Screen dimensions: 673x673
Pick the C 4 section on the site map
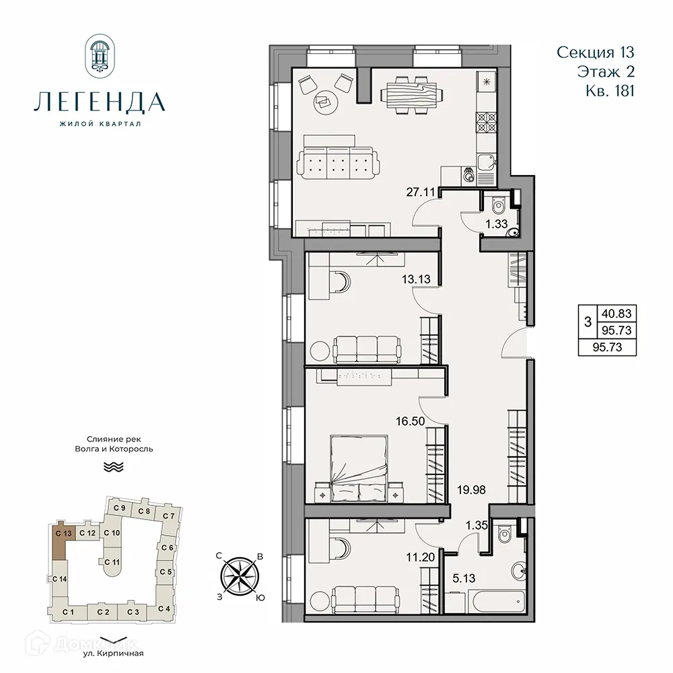point(164,609)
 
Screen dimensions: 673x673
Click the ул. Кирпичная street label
point(112,653)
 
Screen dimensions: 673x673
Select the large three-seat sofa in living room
point(339,162)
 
